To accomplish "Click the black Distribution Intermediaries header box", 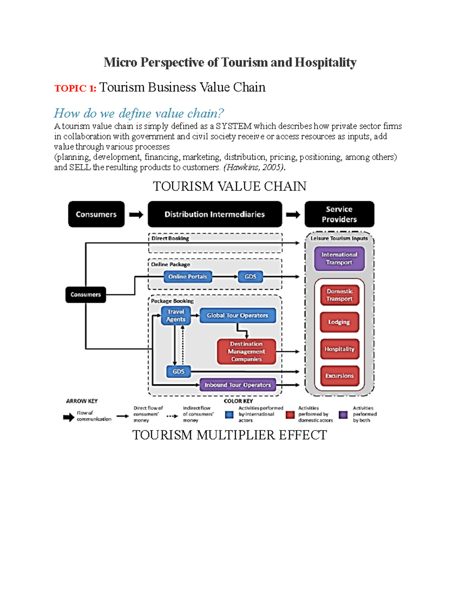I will (215, 214).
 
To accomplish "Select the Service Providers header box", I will (339, 214).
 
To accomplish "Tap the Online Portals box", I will (187, 277).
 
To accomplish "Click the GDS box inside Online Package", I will (250, 277).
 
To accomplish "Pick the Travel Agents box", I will (176, 315).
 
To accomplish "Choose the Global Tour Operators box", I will (237, 315).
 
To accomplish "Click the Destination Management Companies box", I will (246, 352).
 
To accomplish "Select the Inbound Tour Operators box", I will (238, 385).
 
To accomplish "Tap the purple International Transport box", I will (339, 259).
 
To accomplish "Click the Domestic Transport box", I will (339, 295).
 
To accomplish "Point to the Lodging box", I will (339, 322).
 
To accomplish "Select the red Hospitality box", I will (339, 349).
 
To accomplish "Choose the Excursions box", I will (339, 376).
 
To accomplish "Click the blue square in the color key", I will (229, 415).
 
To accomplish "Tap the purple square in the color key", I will (343, 415).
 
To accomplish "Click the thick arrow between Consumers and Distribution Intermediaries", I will (136, 215).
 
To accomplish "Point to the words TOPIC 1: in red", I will (75, 89).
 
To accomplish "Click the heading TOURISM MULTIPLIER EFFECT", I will (230, 435).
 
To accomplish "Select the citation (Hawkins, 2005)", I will (254, 167).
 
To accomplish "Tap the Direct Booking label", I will (170, 238).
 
